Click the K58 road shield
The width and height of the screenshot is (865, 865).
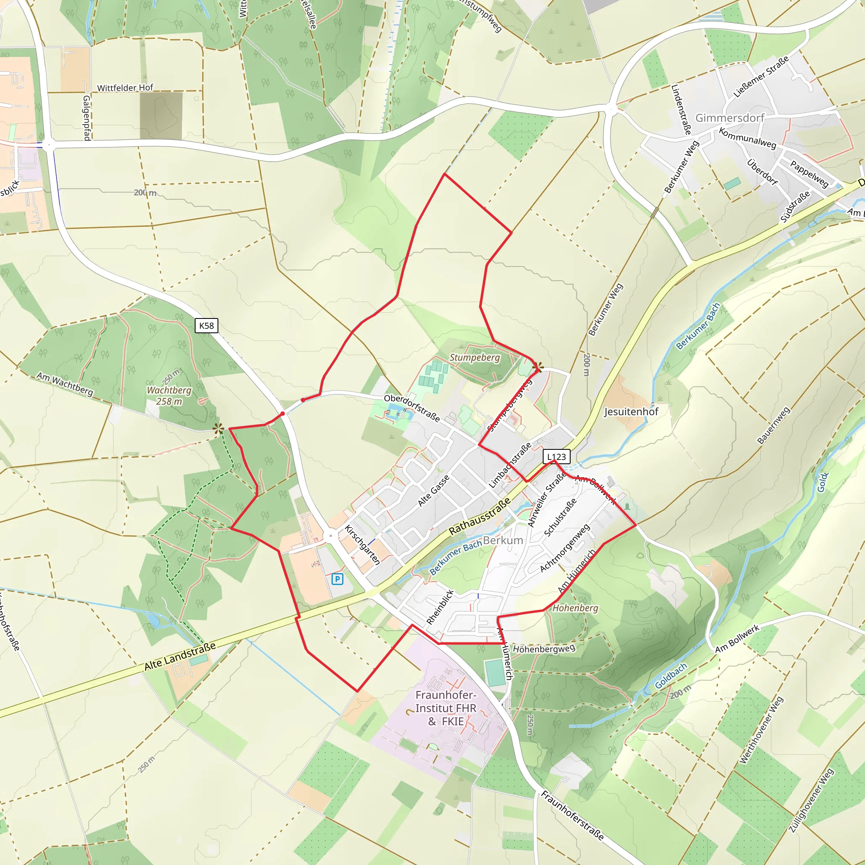tap(207, 326)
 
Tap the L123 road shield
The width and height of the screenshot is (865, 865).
tap(556, 457)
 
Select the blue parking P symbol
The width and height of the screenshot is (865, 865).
tap(337, 579)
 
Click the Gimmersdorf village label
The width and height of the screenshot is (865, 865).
tap(729, 118)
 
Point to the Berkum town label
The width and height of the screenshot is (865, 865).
tap(503, 540)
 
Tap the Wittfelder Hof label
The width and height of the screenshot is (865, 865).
tap(125, 88)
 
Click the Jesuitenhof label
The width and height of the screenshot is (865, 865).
tap(631, 411)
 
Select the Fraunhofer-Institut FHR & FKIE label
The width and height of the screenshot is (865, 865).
tap(446, 708)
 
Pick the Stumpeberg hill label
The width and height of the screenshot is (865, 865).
tap(475, 357)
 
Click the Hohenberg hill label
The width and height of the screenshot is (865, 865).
tap(575, 608)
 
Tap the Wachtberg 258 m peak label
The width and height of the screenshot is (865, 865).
tap(169, 396)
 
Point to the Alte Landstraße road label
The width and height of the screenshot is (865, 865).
tap(180, 656)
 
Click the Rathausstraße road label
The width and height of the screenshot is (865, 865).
tap(479, 516)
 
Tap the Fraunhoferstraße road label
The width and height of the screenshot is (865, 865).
tap(572, 815)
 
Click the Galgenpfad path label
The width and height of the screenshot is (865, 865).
tap(87, 118)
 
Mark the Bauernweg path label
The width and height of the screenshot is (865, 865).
tap(773, 425)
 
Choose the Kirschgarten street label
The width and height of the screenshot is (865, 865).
tap(362, 545)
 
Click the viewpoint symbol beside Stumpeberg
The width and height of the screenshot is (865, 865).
tap(540, 367)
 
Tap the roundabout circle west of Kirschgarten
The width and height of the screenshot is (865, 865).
tap(330, 536)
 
